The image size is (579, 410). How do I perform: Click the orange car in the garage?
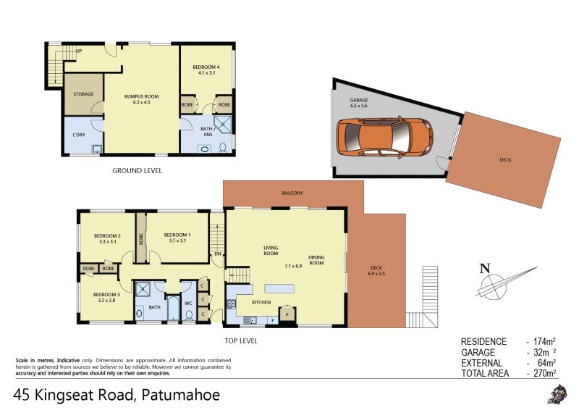[x=384, y=135]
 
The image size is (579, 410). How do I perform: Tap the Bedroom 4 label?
[x=206, y=69]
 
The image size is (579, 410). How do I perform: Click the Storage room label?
[x=83, y=94]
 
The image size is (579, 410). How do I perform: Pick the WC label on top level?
[x=187, y=304]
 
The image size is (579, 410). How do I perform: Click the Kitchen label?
[x=261, y=302]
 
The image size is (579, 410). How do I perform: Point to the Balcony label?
[x=292, y=193]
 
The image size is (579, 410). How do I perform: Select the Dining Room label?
[x=316, y=260]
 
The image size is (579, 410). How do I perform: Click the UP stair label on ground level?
[x=79, y=51]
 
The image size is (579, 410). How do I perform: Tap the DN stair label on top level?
[x=217, y=254]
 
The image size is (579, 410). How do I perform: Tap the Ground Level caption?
[x=137, y=171]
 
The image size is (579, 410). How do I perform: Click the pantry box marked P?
[x=287, y=314]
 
